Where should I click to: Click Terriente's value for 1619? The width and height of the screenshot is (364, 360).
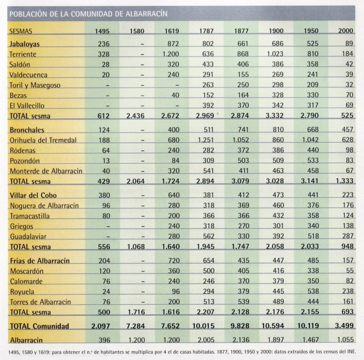pyautogui.click(x=170, y=54)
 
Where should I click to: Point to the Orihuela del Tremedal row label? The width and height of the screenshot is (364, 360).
pyautogui.click(x=43, y=140)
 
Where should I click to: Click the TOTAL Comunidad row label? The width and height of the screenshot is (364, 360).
pyautogui.click(x=39, y=326)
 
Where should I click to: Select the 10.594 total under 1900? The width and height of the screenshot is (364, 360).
pyautogui.click(x=273, y=326)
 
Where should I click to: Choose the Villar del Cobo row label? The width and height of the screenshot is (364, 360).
pyautogui.click(x=33, y=195)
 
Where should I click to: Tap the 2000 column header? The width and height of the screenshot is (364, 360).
pyautogui.click(x=345, y=31)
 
